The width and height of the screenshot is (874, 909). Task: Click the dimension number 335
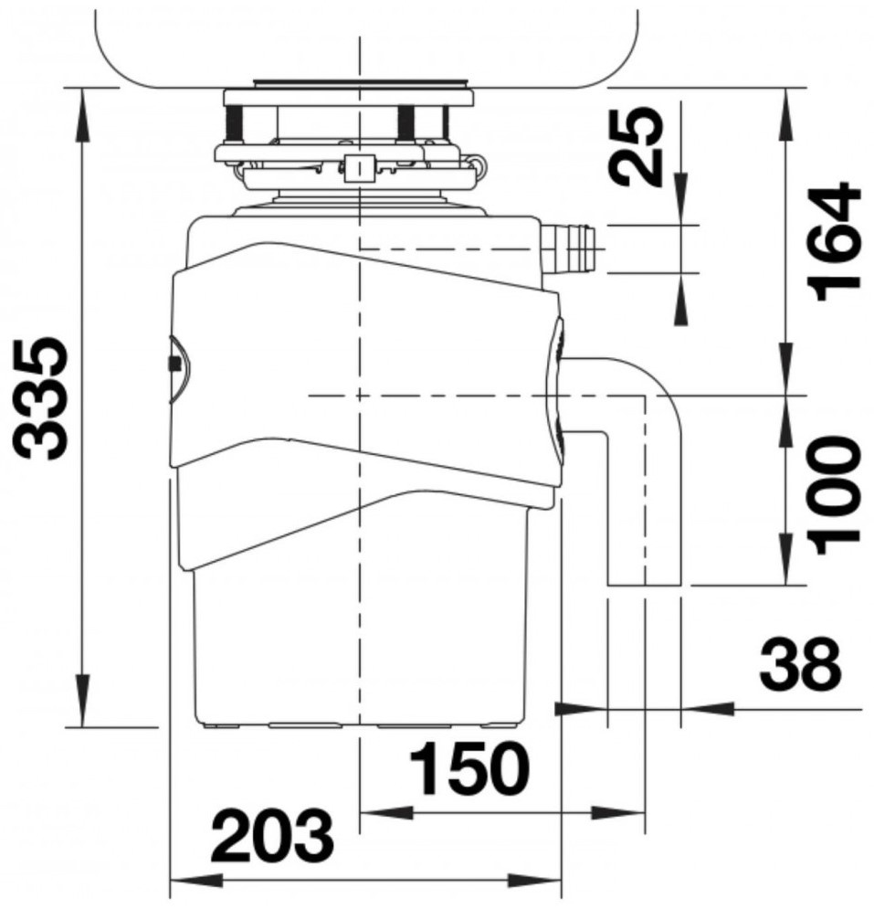[42, 399]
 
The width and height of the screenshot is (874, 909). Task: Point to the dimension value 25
[637, 146]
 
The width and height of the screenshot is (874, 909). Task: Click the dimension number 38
[800, 662]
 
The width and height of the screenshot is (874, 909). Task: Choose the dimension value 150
[469, 768]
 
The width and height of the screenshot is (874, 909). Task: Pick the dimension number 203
[272, 836]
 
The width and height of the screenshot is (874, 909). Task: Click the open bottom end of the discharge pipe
[644, 585]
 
